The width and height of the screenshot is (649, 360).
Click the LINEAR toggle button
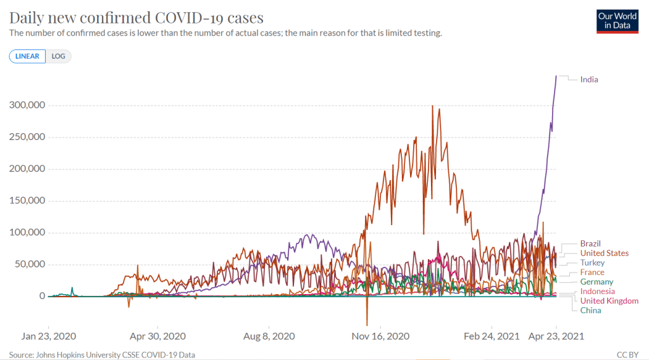[x=27, y=56]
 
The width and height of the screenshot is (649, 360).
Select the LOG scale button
[x=58, y=56]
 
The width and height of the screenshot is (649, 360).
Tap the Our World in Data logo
[x=617, y=21]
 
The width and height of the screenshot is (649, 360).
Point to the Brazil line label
[x=590, y=243]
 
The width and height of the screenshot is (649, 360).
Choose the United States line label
[x=604, y=253]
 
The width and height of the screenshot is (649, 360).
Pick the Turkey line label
[x=592, y=262]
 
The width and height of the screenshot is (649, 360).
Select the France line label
[x=592, y=272]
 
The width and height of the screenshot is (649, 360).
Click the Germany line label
[x=596, y=281]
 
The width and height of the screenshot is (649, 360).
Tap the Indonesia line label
[x=598, y=291]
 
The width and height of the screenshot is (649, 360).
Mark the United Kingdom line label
[x=609, y=300]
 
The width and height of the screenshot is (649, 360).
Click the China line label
[x=590, y=310]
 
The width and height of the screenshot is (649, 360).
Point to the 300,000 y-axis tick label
[x=26, y=105]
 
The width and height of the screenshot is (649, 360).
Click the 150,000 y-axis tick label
[x=26, y=201]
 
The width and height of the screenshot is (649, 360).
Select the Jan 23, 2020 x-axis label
[x=49, y=335]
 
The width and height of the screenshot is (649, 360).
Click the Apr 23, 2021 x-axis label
[x=556, y=335]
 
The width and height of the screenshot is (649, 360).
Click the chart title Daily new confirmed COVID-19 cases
[x=136, y=17]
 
